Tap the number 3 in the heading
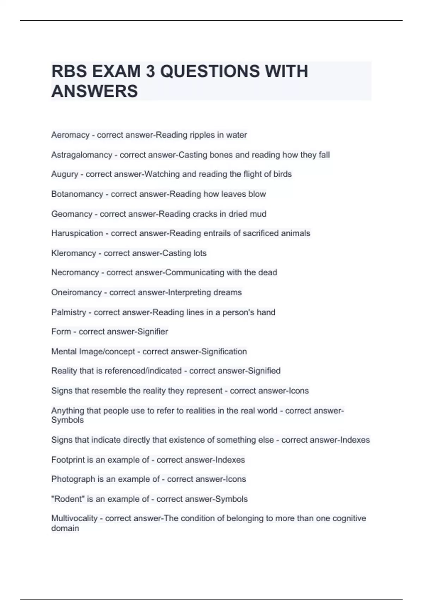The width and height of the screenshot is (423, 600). (151, 71)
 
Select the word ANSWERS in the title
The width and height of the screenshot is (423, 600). (94, 91)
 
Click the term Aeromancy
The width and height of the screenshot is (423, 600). (70, 135)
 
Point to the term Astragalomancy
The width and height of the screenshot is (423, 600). (81, 155)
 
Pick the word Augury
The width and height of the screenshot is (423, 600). (65, 174)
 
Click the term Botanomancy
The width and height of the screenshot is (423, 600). (77, 194)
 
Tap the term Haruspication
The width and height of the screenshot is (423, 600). (77, 233)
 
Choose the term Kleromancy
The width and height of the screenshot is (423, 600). (73, 253)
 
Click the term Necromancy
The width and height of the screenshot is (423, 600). (75, 272)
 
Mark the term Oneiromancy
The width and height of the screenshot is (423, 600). (76, 292)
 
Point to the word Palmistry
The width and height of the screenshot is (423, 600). (68, 312)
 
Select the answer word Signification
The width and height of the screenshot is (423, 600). (224, 352)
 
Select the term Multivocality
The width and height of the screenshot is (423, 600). (74, 518)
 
